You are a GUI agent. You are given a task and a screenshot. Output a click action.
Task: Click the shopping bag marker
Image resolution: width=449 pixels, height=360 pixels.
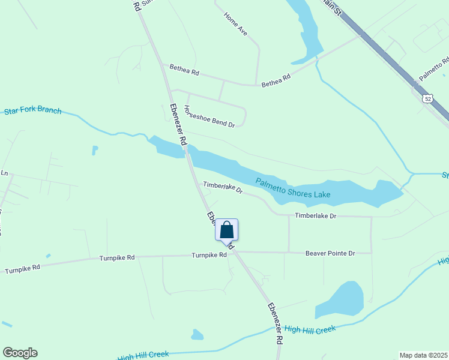pos(226,230)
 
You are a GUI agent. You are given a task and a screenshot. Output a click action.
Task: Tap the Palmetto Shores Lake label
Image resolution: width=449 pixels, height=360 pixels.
pos(293,189)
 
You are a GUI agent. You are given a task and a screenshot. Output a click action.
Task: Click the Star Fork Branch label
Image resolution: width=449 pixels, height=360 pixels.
pos(33,110)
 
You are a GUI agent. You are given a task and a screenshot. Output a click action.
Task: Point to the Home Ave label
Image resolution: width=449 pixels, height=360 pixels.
pos(235,23)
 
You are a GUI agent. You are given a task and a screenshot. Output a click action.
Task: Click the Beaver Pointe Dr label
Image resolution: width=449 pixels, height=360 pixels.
pos(330,253)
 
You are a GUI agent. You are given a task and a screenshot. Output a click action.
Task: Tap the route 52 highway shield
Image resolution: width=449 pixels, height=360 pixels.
pos(427,98)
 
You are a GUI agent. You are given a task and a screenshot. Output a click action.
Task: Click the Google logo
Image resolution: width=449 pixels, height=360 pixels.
pos(20,353)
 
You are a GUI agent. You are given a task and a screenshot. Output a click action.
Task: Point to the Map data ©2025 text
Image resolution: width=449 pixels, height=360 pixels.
pos(423,355)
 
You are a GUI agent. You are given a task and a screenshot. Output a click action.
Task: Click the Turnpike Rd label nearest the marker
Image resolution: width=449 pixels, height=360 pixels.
pos(209,255)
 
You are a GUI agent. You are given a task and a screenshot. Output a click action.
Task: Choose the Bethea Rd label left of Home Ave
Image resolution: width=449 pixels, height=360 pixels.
pos(184,70)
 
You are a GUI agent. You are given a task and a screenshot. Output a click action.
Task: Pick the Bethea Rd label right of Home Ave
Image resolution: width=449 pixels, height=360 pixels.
pos(276,80)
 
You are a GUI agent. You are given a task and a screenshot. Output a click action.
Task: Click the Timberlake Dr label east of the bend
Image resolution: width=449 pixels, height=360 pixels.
pos(315,215)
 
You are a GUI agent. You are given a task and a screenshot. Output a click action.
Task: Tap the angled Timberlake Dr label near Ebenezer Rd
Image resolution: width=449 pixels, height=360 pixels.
pos(222,188)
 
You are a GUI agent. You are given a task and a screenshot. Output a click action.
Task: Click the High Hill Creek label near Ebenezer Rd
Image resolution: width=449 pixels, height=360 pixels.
pos(309,329)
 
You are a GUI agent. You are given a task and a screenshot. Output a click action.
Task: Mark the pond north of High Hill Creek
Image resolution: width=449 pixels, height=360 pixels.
pos(341,299)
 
